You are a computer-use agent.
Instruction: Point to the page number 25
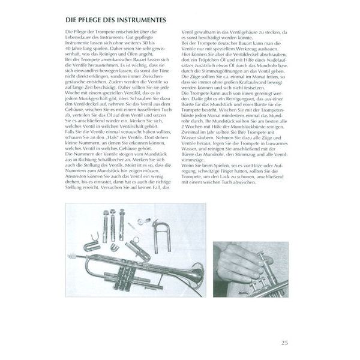click(x=284, y=343)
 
